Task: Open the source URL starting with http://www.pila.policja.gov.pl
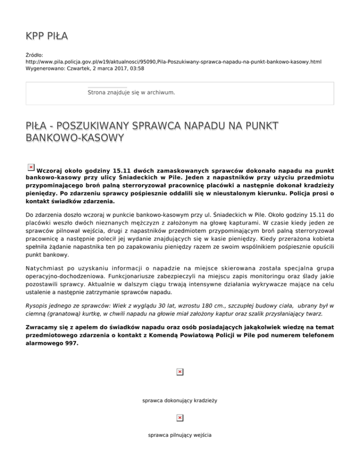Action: click(173, 61)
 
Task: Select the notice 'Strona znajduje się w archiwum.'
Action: click(131, 93)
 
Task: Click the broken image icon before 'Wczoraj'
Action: click(30, 167)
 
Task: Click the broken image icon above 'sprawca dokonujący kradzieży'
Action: click(180, 372)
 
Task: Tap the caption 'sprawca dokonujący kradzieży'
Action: click(180, 401)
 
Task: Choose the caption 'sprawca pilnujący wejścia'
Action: click(180, 435)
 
